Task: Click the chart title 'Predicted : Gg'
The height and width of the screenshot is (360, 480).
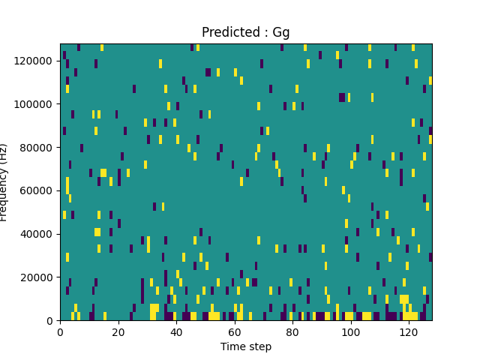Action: [x=246, y=33]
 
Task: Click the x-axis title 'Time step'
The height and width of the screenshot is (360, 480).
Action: [x=246, y=346]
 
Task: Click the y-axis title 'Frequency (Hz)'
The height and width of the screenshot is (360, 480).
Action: [x=4, y=182]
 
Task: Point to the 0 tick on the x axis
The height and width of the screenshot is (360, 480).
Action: [x=60, y=331]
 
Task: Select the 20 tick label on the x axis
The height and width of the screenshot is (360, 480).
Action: [x=118, y=331]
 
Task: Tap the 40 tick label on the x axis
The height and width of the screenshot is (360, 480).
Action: [x=176, y=331]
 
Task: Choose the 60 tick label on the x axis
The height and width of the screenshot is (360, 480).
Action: [x=235, y=331]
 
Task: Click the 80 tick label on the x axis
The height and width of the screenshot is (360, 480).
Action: [x=292, y=331]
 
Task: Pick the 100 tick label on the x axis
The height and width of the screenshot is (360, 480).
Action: [x=351, y=331]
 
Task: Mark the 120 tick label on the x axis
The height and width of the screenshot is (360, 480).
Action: [x=409, y=331]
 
